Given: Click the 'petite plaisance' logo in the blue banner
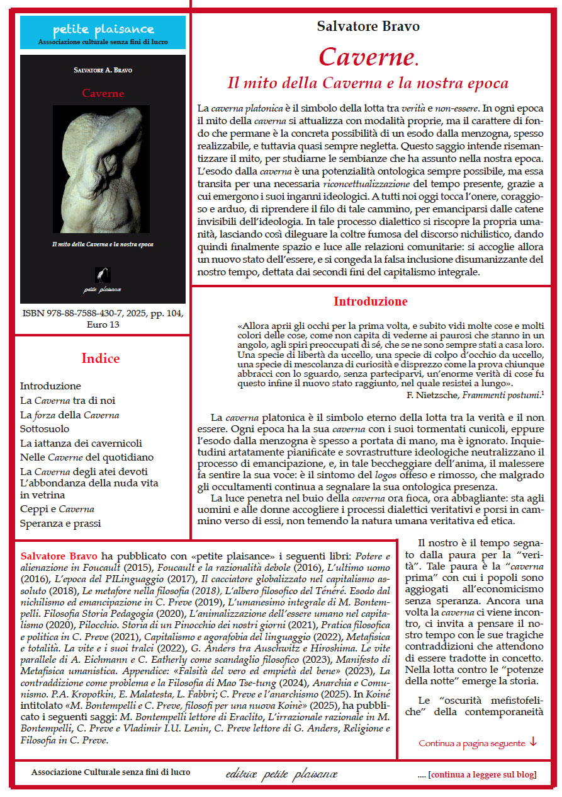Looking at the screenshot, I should (x=103, y=29).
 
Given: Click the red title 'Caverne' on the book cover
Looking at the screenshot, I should (x=103, y=93).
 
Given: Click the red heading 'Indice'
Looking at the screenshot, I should (x=100, y=358).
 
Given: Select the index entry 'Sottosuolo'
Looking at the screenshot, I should (x=45, y=428).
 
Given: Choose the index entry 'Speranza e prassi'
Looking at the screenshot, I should (x=60, y=523).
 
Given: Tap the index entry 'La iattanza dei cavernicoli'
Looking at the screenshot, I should (x=81, y=443).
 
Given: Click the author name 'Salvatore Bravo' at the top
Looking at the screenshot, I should (x=368, y=26).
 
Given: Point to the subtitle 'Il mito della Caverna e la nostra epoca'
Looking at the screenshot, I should (x=368, y=83).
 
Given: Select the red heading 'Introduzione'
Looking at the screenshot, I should (x=370, y=301).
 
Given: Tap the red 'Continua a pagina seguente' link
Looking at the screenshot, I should (x=472, y=743).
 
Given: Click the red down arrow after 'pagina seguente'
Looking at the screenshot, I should (x=533, y=742).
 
